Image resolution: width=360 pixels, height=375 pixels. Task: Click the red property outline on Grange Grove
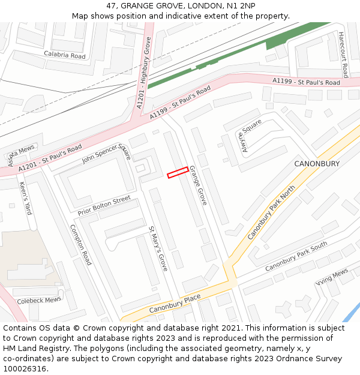178,172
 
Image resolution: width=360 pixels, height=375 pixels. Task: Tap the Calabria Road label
65,55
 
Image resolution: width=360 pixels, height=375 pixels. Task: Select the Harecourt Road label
343,55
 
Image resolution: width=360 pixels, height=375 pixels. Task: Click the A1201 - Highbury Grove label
144,73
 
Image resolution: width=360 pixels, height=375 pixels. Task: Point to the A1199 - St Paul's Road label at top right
306,82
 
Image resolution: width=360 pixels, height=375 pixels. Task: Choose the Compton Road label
81,245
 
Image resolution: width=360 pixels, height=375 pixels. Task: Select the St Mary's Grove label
158,248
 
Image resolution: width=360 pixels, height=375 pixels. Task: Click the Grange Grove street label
198,186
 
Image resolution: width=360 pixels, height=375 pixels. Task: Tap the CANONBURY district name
317,164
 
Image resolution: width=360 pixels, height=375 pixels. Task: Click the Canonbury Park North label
271,213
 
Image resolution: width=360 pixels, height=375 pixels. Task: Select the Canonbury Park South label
296,256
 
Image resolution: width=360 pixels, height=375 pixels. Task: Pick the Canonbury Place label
175,304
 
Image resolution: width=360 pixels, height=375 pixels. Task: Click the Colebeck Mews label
39,300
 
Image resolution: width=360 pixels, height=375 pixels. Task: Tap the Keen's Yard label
25,198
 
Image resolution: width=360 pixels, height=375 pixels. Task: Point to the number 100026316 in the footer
25,368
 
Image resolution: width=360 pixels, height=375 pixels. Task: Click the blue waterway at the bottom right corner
353,313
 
